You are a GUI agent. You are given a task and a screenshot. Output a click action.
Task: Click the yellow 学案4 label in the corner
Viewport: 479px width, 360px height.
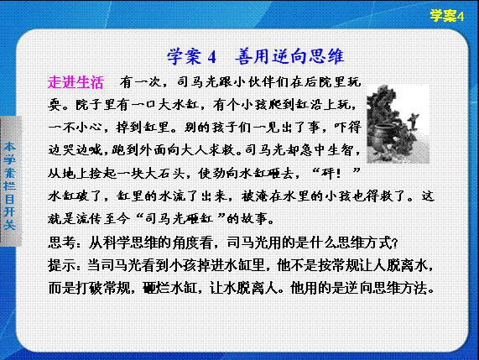(447, 16)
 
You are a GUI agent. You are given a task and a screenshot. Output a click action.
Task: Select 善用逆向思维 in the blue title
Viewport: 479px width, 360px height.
(289, 56)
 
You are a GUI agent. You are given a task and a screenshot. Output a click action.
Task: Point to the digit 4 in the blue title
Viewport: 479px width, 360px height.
(211, 57)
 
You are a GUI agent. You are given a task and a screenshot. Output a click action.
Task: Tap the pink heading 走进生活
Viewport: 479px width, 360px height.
(75, 82)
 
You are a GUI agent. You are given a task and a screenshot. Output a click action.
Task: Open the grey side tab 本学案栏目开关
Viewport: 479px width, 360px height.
(10, 185)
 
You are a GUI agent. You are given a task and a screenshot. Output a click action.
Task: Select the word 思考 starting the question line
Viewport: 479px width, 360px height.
(61, 243)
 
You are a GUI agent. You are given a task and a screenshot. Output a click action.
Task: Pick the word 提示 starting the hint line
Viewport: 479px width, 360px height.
(61, 265)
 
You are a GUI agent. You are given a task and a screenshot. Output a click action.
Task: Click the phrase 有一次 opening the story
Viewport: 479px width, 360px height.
(140, 82)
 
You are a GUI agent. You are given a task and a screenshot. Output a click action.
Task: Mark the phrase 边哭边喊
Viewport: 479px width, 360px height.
(75, 150)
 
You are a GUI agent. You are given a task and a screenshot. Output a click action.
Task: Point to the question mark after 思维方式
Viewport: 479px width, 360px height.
(394, 244)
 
